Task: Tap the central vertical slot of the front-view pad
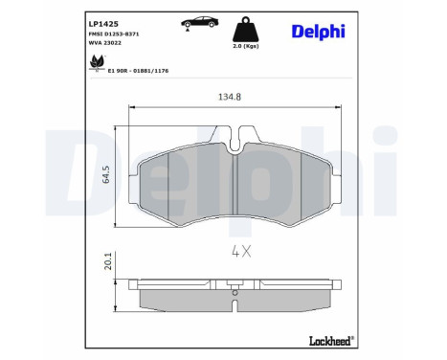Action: pyautogui.click(x=235, y=186)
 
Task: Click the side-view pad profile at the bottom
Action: pyautogui.click(x=235, y=299)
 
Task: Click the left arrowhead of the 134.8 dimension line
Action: pyautogui.click(x=118, y=106)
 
